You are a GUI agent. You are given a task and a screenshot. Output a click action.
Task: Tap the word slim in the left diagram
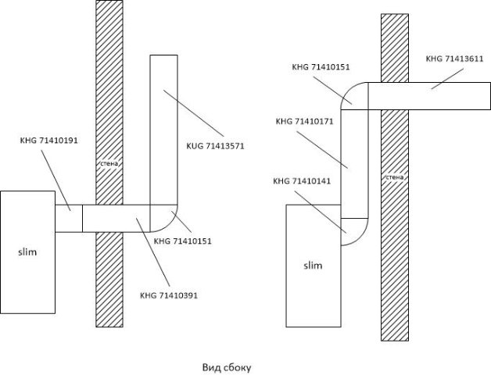tap(27, 252)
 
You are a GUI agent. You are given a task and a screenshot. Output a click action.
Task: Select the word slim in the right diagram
tap(313, 266)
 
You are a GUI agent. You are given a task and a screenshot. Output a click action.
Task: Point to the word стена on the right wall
tap(395, 177)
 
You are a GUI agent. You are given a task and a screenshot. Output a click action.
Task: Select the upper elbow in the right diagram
tap(354, 96)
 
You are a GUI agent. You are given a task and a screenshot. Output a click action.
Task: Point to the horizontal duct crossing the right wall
tap(426, 97)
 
